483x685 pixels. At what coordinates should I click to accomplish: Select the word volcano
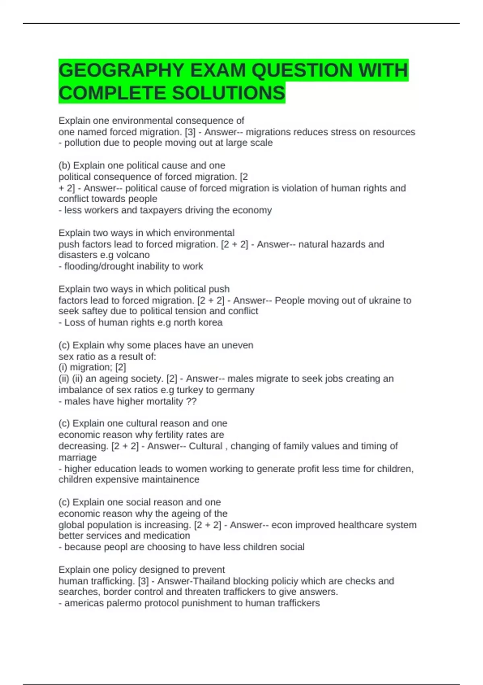[133, 255]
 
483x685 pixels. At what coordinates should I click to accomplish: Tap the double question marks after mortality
[191, 401]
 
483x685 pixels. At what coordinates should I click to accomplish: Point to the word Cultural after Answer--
[205, 446]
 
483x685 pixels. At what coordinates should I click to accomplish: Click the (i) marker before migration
[63, 367]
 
